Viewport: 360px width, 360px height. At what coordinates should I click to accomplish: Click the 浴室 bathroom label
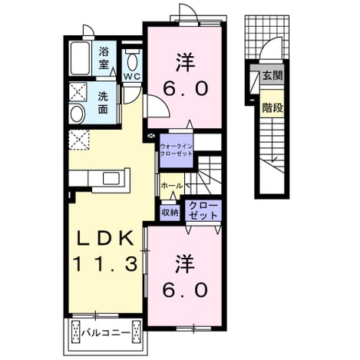pyautogui.click(x=104, y=58)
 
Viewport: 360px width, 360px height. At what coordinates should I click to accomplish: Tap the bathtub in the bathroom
pyautogui.click(x=80, y=58)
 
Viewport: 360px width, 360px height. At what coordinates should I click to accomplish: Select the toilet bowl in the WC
pyautogui.click(x=132, y=62)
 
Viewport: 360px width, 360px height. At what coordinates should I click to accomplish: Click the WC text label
pyautogui.click(x=132, y=76)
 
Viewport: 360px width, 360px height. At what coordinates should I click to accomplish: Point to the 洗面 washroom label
pyautogui.click(x=103, y=103)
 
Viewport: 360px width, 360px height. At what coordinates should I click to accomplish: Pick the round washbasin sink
pyautogui.click(x=78, y=114)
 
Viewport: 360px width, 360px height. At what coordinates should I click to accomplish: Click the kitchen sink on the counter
pyautogui.click(x=111, y=178)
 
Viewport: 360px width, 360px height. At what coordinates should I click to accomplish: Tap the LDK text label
pyautogui.click(x=105, y=238)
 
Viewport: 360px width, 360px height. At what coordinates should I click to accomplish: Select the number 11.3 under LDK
pyautogui.click(x=106, y=264)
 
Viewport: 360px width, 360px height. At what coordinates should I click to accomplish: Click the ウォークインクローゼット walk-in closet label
pyautogui.click(x=176, y=150)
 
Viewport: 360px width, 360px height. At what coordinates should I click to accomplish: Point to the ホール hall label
pyautogui.click(x=172, y=186)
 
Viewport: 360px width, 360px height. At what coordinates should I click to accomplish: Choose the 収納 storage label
pyautogui.click(x=170, y=213)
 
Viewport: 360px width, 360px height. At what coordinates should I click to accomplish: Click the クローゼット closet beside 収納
pyautogui.click(x=203, y=210)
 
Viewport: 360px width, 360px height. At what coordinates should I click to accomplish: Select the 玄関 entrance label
pyautogui.click(x=272, y=75)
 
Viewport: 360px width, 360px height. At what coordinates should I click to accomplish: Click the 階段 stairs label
pyautogui.click(x=272, y=108)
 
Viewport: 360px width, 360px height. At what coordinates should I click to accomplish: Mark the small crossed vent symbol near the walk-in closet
pyautogui.click(x=150, y=136)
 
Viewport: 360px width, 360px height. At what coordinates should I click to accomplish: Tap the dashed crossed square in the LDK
pyautogui.click(x=79, y=140)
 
